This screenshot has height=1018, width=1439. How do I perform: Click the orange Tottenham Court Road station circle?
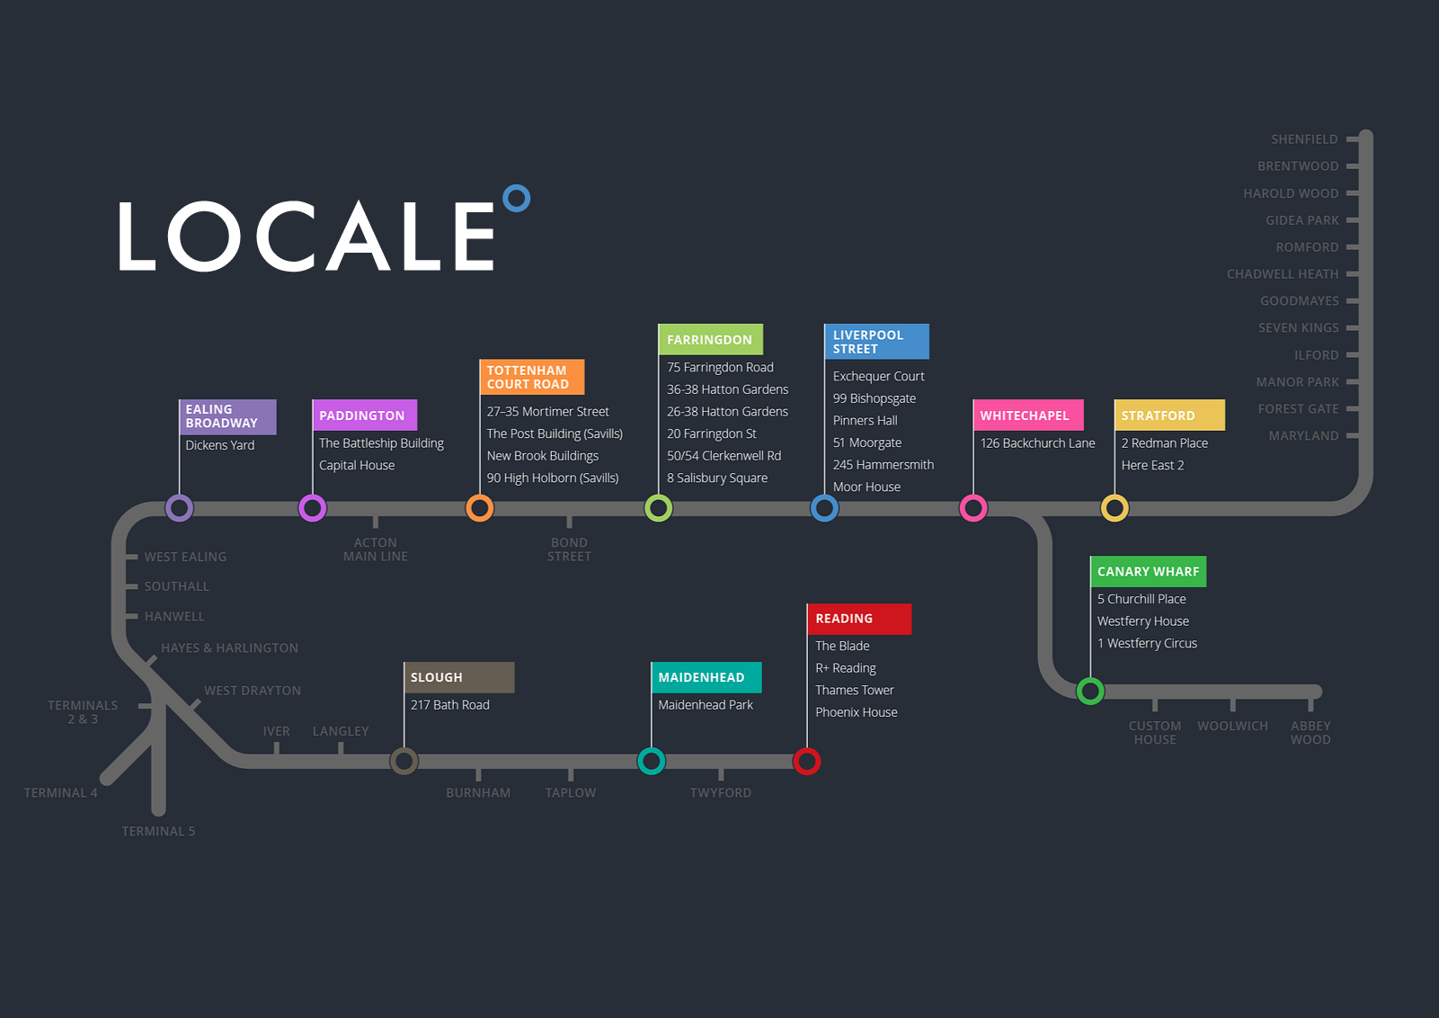(x=480, y=508)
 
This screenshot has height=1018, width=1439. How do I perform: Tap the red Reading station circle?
(x=806, y=762)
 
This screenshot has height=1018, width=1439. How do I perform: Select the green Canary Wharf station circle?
(x=1090, y=691)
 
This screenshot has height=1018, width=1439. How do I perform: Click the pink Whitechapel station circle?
(x=973, y=508)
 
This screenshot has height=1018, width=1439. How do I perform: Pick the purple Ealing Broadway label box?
(x=227, y=416)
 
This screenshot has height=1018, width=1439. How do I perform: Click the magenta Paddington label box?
(x=364, y=415)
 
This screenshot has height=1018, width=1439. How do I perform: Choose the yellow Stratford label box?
(x=1168, y=415)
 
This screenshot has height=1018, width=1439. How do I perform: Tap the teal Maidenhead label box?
(x=706, y=677)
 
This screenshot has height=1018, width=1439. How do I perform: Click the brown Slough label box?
(x=458, y=677)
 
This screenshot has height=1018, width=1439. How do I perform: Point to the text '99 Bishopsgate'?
(x=874, y=398)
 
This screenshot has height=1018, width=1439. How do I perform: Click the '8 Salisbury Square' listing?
(x=716, y=478)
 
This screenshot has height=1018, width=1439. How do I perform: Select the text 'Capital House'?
(x=357, y=466)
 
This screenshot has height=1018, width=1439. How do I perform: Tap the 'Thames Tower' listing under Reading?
(x=854, y=691)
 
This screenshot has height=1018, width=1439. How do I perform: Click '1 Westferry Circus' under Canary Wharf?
(x=1147, y=644)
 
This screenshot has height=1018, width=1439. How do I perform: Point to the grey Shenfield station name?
(x=1304, y=139)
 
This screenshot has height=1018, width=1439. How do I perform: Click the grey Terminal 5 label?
(x=158, y=832)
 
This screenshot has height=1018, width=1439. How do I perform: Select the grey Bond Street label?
(x=569, y=549)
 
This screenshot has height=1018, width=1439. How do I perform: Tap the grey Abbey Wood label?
(x=1310, y=733)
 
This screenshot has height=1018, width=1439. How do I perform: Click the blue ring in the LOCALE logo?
(x=516, y=198)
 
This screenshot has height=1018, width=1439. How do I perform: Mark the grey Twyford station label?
(x=720, y=793)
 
